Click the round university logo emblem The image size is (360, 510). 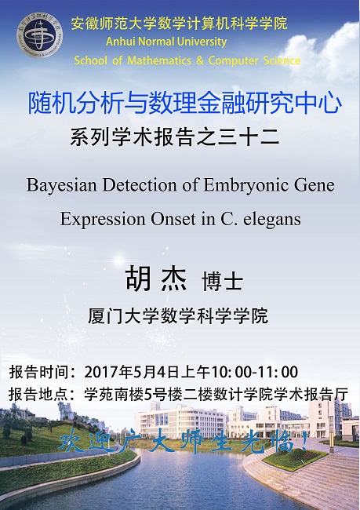tap(40, 36)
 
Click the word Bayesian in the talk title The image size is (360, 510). tap(61, 186)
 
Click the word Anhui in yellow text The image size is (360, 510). tap(120, 42)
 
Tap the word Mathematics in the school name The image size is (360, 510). tap(159, 60)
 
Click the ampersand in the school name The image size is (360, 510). tap(200, 60)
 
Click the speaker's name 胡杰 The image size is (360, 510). tap(156, 279)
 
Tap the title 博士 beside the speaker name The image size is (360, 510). tap(223, 282)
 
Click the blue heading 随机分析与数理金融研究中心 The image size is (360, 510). tap(185, 104)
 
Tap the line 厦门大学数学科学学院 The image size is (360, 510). tap(178, 316)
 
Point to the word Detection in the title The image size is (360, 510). tap(140, 185)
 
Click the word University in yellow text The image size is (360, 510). tap(202, 42)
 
